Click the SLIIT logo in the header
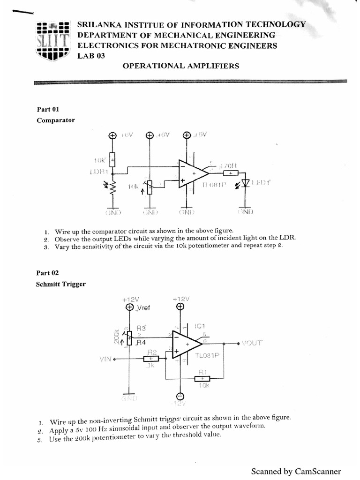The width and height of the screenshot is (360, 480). coord(53,40)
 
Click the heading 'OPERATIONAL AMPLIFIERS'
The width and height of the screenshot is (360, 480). coord(180,66)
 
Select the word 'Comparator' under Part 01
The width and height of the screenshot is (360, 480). coord(56,120)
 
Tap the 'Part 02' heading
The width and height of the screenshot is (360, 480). coord(48,273)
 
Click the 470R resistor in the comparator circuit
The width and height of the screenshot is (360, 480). coord(230,172)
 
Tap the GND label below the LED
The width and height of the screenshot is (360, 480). coord(245,211)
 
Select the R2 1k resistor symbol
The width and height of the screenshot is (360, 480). coord(151,359)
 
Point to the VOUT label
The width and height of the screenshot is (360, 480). coord(253,344)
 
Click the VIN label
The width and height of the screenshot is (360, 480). coord(106,359)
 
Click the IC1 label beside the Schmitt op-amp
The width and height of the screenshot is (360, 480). coord(200,326)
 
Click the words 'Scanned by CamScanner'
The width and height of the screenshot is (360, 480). coord(296,471)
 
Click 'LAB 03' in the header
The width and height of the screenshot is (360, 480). coord(91,56)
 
